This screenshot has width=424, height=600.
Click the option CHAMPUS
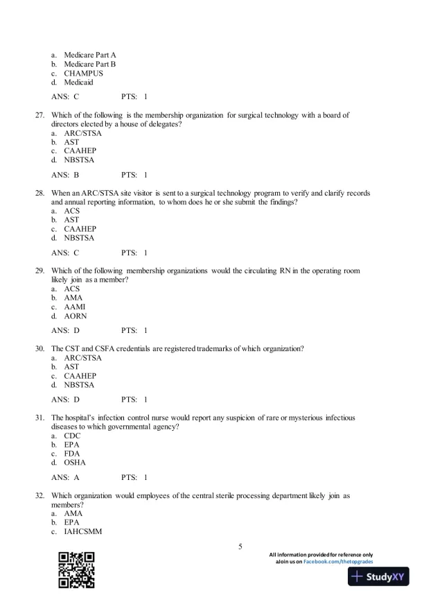pyautogui.click(x=83, y=73)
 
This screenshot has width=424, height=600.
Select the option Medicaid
pyautogui.click(x=81, y=82)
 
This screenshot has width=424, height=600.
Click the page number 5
pyautogui.click(x=240, y=547)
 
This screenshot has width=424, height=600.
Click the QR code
pyautogui.click(x=76, y=569)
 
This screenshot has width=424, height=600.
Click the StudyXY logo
pyautogui.click(x=378, y=577)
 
